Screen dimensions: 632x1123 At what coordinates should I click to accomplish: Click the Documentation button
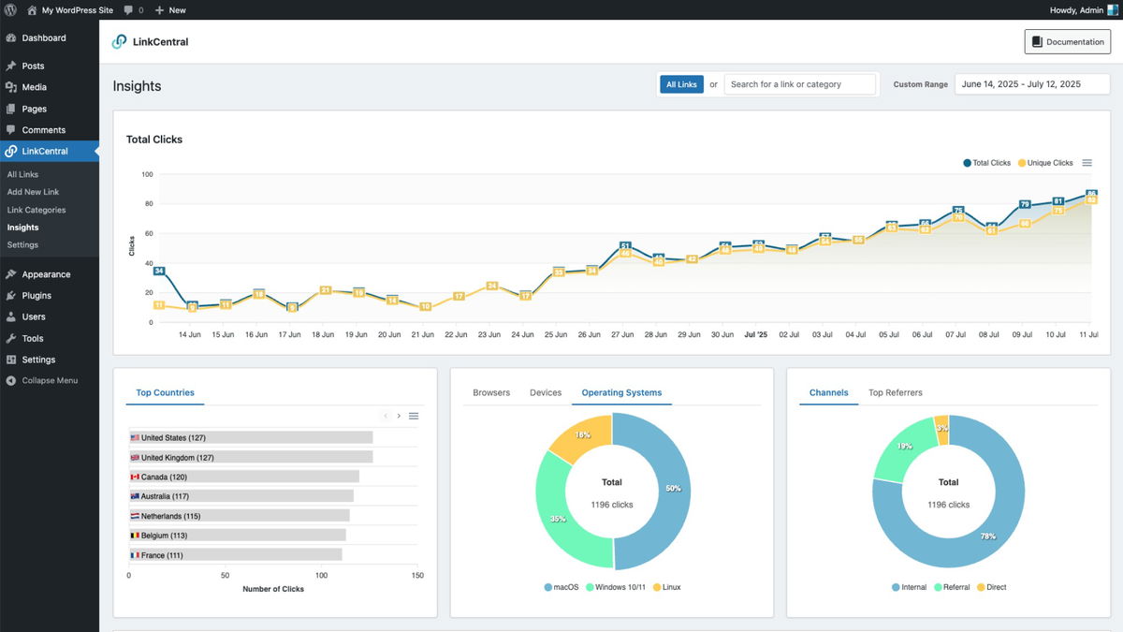(x=1068, y=42)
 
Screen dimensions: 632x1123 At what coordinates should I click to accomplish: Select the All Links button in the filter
(x=681, y=84)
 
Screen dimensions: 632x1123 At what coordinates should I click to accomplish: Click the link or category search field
(x=800, y=84)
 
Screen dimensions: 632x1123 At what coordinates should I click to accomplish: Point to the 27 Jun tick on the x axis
(x=621, y=334)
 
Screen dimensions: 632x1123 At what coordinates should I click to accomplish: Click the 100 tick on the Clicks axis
(x=147, y=174)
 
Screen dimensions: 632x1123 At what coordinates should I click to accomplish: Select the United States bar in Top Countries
(x=251, y=437)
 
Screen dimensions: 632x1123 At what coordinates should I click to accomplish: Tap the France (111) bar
(x=235, y=555)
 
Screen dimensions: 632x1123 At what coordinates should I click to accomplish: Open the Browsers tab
(x=491, y=393)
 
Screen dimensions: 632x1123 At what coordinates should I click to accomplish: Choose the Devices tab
(x=546, y=393)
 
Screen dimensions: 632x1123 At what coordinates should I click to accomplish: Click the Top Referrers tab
(x=895, y=393)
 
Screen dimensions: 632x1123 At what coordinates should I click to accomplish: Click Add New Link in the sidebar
(x=33, y=192)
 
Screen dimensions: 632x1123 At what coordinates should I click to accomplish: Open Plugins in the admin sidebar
(x=36, y=296)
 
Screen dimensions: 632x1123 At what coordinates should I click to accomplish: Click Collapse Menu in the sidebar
(x=49, y=381)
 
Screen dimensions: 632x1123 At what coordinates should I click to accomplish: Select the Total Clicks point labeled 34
(x=159, y=272)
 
